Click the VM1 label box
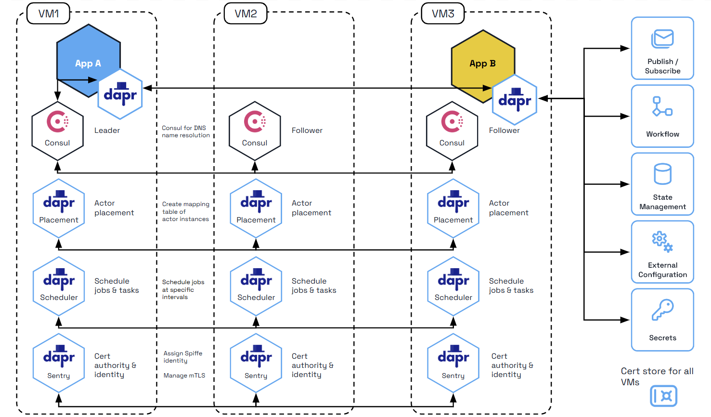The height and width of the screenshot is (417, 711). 48,13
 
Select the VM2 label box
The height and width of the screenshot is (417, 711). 246,13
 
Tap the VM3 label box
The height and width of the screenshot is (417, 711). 442,13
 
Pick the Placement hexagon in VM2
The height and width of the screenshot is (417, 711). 256,208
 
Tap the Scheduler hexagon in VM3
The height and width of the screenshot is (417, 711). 453,287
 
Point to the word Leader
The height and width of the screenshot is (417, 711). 107,130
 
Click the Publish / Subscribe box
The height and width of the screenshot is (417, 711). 662,48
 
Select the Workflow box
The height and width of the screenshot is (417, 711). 662,116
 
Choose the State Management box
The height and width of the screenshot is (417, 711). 662,184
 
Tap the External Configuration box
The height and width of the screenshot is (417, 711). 662,252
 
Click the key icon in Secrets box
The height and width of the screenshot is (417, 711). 662,310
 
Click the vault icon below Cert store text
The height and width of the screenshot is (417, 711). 663,396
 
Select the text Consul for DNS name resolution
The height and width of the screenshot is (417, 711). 185,131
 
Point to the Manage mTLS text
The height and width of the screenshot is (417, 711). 184,376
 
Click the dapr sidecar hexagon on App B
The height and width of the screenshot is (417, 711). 515,100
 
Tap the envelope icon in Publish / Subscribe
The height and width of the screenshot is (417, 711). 662,39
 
